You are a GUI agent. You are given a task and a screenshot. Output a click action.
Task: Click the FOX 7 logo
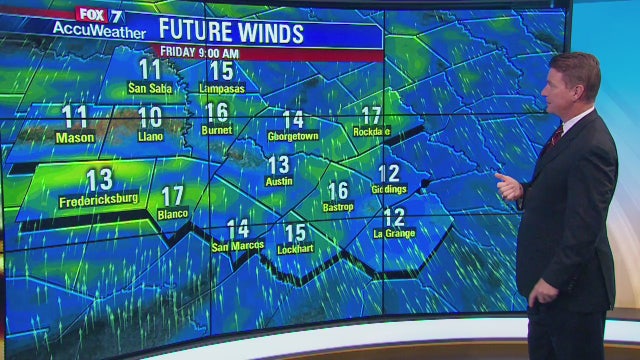[100, 15]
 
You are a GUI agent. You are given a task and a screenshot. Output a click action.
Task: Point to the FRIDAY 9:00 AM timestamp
[200, 52]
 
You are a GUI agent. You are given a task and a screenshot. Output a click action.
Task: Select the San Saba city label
[150, 88]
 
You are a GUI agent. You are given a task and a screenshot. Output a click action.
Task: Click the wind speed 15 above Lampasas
[221, 71]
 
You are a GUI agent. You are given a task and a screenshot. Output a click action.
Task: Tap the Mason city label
[74, 136]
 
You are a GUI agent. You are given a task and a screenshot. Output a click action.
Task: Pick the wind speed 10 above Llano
[150, 117]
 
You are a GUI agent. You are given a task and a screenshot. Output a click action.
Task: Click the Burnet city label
[217, 130]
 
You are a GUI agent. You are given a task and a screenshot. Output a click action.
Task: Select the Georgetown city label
[293, 136]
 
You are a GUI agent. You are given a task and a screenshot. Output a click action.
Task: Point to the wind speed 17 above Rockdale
[371, 115]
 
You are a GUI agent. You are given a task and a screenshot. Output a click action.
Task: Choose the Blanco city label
[173, 214]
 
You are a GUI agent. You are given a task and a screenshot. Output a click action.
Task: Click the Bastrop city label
[339, 207]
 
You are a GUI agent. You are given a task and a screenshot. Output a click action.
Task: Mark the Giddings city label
[389, 189]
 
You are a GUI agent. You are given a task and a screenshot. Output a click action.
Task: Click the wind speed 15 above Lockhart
[295, 232]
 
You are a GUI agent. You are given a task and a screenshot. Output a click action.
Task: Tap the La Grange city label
[394, 233]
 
